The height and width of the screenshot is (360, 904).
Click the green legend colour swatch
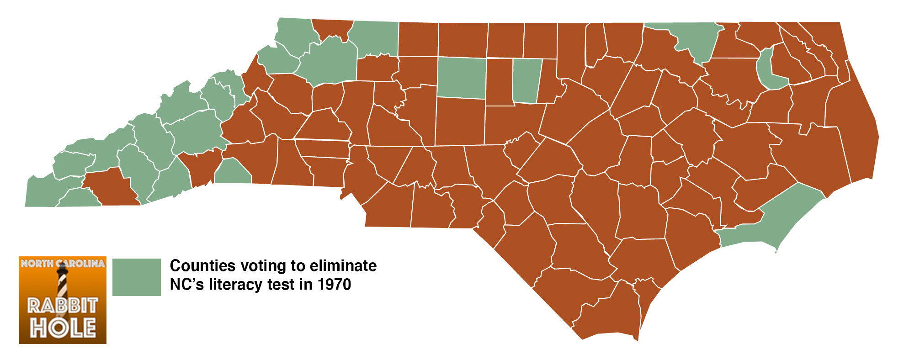(x=136, y=277)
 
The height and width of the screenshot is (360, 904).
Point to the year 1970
(x=335, y=285)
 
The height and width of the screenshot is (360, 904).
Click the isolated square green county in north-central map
(x=461, y=78)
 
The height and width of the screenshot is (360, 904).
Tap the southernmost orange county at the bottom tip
(x=608, y=315)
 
